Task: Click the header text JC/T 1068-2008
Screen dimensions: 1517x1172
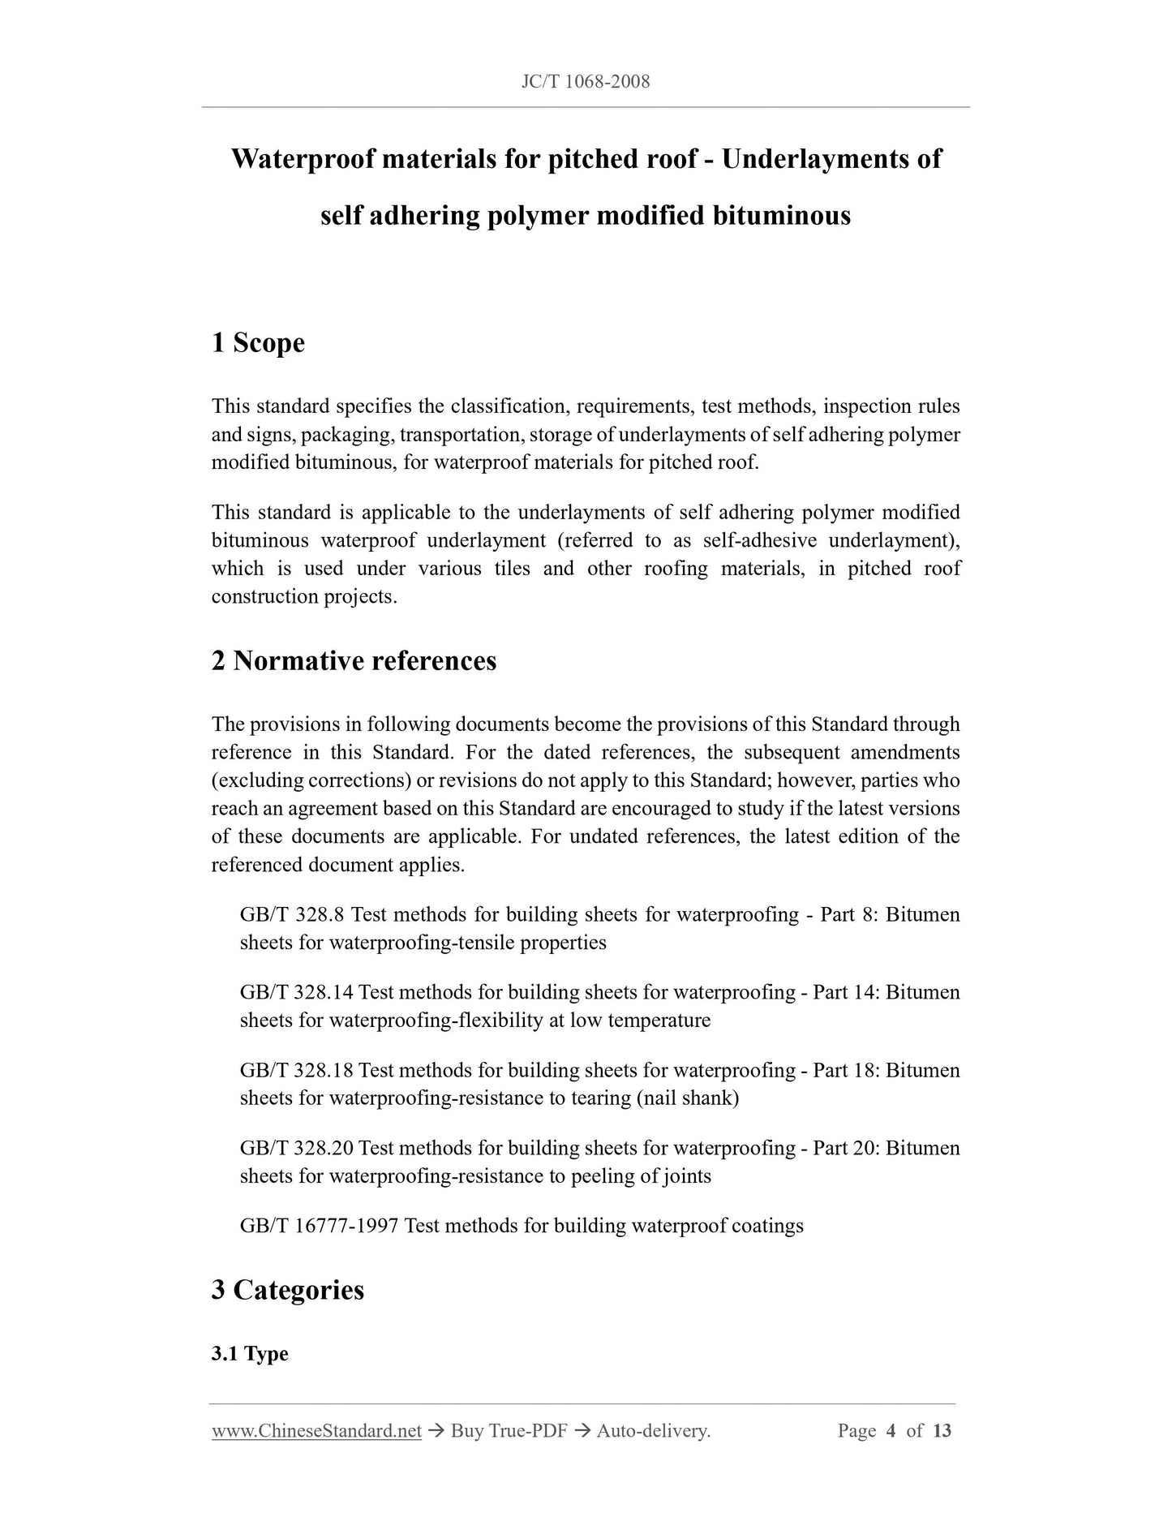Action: click(x=585, y=82)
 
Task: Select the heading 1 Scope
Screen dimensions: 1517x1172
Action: click(x=258, y=343)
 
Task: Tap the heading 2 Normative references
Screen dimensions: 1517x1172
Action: click(x=354, y=661)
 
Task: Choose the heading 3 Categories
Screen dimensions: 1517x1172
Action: click(x=288, y=1290)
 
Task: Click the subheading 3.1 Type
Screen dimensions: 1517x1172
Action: click(x=250, y=1354)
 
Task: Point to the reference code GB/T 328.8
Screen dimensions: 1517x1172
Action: click(x=293, y=915)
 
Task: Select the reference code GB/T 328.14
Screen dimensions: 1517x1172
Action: click(x=296, y=993)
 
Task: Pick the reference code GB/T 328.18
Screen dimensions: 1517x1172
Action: click(x=296, y=1071)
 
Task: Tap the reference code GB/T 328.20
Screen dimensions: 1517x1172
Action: click(x=296, y=1149)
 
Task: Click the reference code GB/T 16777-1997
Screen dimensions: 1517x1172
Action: click(x=319, y=1226)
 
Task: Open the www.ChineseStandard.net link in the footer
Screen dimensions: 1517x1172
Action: click(x=316, y=1431)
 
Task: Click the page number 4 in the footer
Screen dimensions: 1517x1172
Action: click(x=891, y=1431)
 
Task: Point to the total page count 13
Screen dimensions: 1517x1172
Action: click(x=942, y=1431)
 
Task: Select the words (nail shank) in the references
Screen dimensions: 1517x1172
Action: click(x=688, y=1098)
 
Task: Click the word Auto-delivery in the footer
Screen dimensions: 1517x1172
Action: click(x=653, y=1431)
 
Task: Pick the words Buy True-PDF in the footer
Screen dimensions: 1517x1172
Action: click(x=509, y=1431)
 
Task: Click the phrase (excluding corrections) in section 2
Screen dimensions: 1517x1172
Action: click(x=311, y=781)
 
